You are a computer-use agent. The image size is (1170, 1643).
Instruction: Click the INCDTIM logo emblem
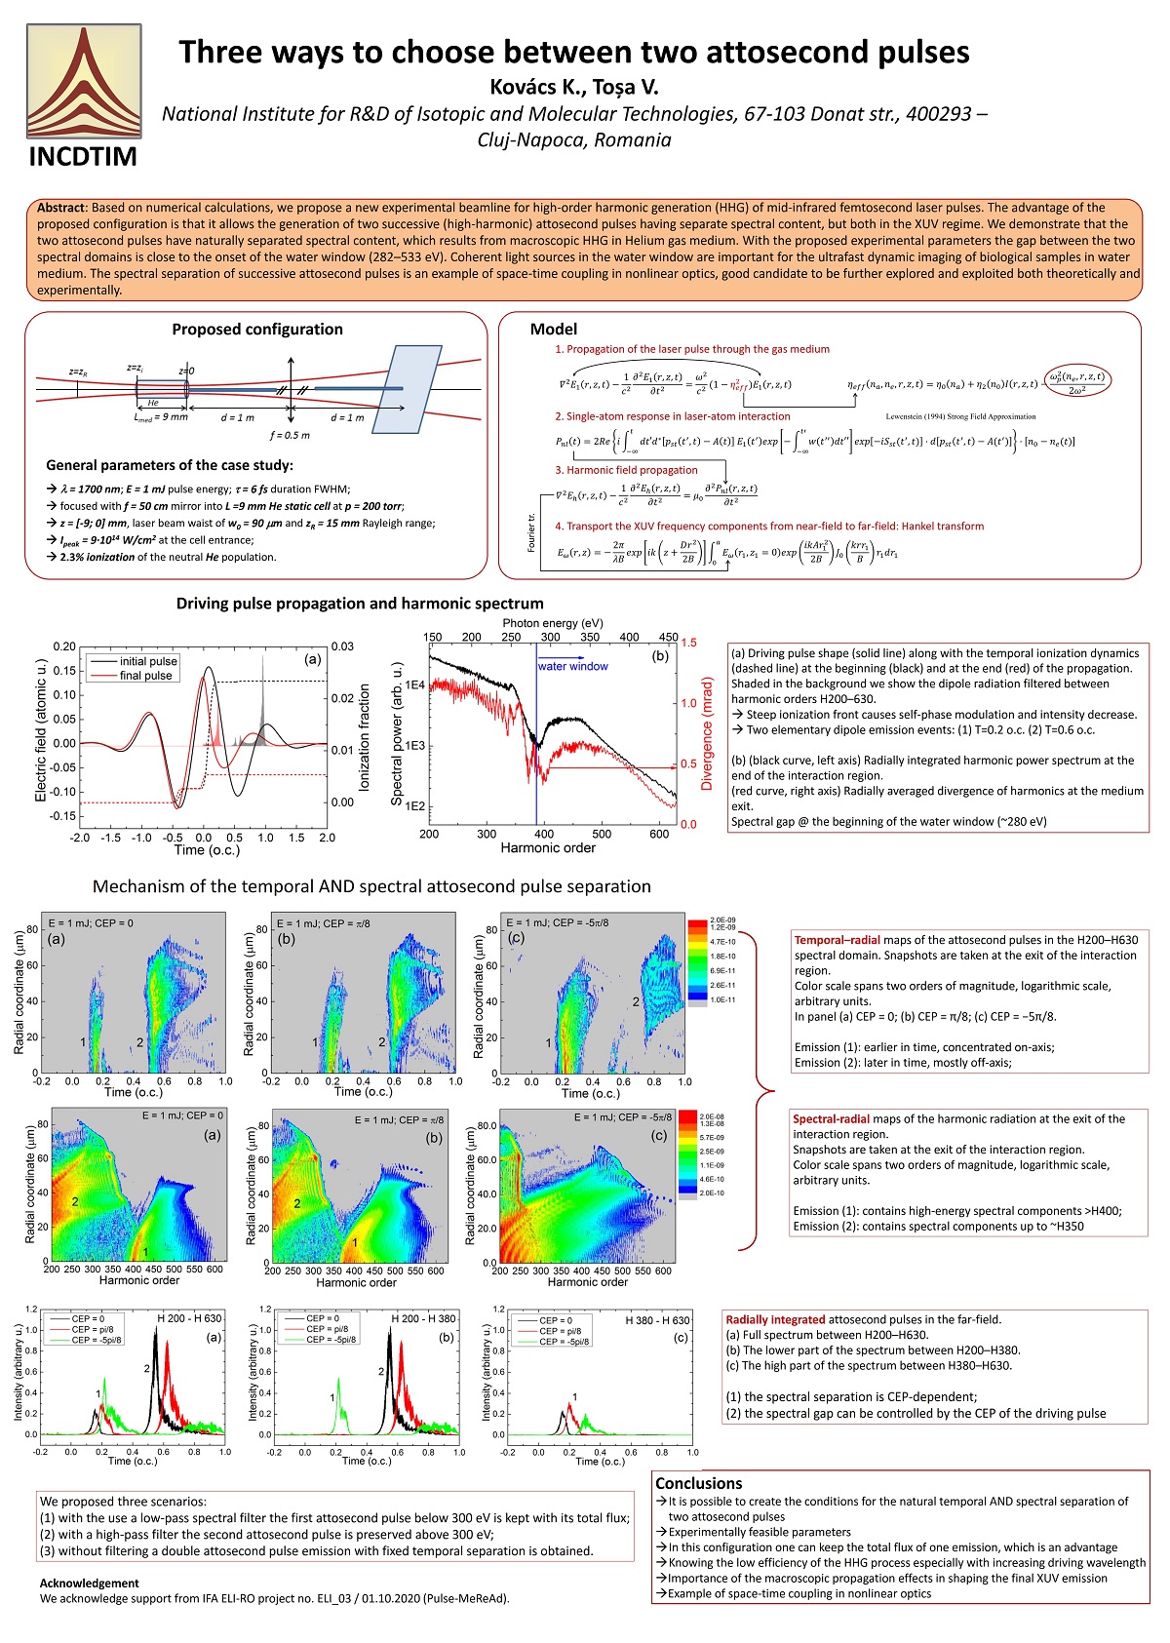(x=83, y=81)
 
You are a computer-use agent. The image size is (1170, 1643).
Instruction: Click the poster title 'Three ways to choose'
(x=573, y=52)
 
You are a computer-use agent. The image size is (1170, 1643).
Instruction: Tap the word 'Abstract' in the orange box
(x=61, y=208)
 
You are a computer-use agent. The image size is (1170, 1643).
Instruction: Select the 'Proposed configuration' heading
(x=257, y=330)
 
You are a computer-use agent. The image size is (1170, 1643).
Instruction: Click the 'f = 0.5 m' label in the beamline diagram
(x=290, y=435)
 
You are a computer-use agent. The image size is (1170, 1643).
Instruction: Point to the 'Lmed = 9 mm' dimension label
(x=161, y=417)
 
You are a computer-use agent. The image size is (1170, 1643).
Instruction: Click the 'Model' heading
(x=554, y=330)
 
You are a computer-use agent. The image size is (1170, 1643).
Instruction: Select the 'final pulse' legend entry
(x=145, y=676)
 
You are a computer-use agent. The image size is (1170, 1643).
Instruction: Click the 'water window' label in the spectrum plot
(x=573, y=667)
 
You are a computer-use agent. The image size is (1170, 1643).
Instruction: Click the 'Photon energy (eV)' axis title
(x=553, y=623)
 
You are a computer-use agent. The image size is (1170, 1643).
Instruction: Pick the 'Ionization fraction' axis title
(x=365, y=736)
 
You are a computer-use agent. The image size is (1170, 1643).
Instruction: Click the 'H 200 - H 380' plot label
(x=423, y=1318)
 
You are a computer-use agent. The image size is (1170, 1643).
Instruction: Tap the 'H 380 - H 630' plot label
(x=657, y=1320)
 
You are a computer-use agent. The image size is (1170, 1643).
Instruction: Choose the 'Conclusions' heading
(x=698, y=1483)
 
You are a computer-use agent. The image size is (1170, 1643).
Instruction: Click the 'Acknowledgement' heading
(x=90, y=1583)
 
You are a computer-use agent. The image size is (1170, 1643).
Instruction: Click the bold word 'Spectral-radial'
(x=832, y=1119)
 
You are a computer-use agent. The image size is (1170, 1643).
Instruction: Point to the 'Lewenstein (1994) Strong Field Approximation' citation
(x=960, y=416)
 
